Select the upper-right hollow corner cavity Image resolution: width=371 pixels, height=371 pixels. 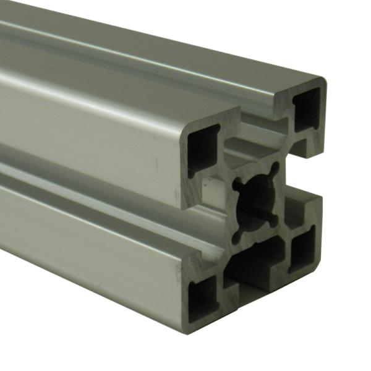[307, 108]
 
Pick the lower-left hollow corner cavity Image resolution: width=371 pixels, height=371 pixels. [203, 296]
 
